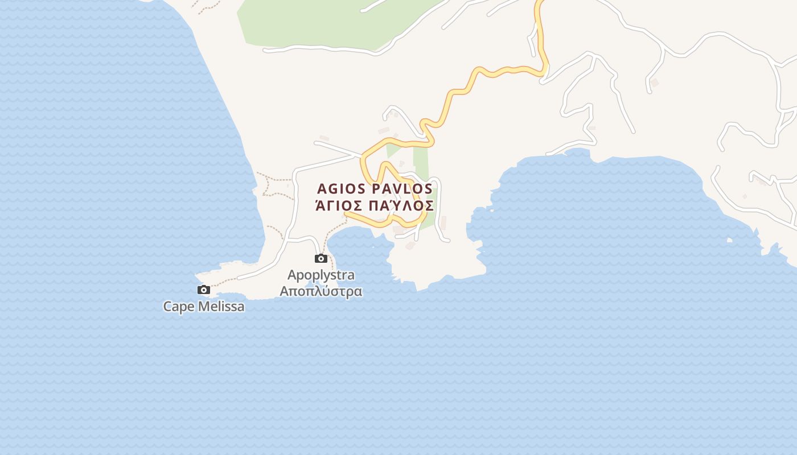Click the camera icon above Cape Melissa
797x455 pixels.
203,290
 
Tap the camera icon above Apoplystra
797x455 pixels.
321,259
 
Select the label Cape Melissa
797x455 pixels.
204,307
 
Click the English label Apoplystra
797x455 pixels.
321,275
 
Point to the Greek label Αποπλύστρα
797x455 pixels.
321,291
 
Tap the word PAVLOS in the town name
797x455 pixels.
402,189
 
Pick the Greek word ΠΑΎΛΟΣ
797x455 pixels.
401,205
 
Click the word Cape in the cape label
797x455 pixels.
176,307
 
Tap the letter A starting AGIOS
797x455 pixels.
322,189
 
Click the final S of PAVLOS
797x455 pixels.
428,189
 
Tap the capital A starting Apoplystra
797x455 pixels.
292,275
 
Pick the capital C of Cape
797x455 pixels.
168,307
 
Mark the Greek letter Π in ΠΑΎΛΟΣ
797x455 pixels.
375,206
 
